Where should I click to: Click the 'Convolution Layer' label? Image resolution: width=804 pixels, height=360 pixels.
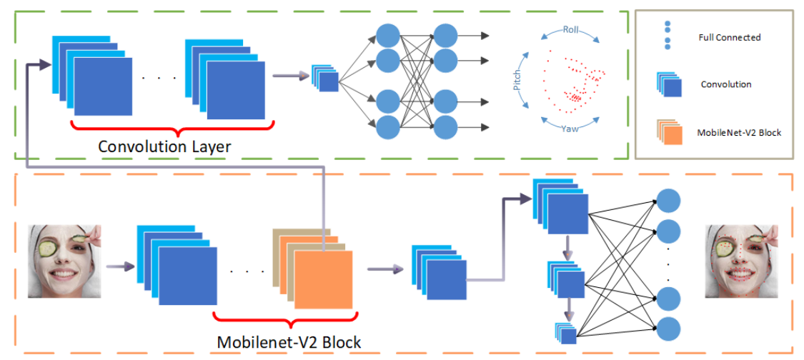(x=164, y=146)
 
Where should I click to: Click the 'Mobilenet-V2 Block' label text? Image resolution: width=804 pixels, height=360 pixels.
(x=289, y=341)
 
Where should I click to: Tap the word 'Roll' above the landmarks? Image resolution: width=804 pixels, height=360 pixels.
(x=570, y=30)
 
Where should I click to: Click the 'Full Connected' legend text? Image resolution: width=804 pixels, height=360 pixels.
(x=729, y=37)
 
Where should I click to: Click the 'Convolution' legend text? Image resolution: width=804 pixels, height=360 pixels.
(x=725, y=84)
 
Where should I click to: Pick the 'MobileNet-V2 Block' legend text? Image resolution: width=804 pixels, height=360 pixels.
(x=732, y=132)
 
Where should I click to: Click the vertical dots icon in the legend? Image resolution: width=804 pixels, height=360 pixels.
(x=667, y=35)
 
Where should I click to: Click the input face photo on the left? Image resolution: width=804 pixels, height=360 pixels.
(x=63, y=261)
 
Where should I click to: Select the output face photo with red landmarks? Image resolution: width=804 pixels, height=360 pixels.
(x=740, y=261)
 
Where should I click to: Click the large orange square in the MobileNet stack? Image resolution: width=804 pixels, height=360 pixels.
(x=323, y=279)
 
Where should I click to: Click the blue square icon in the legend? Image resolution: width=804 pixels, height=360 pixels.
(x=672, y=85)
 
